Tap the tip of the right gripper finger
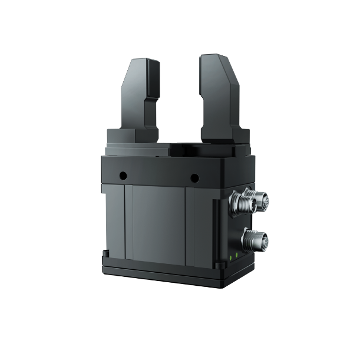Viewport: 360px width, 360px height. pos(213,58)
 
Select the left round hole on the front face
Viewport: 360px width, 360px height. pos(123,175)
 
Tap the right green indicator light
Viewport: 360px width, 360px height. pos(237,255)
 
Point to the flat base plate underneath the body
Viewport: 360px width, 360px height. pos(177,274)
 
